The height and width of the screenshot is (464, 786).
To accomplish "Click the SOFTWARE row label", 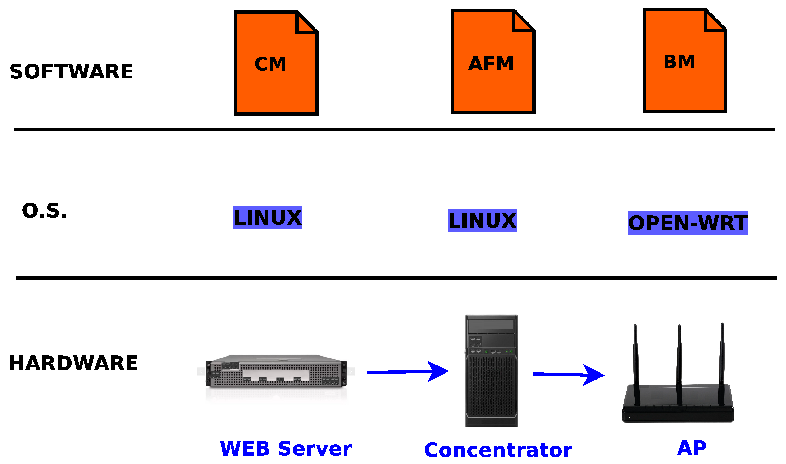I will [x=71, y=72].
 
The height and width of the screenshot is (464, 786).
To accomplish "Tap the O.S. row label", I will [x=45, y=211].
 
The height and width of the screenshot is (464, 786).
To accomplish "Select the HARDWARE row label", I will [x=73, y=363].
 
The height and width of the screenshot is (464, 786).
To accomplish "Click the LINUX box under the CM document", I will [x=268, y=218].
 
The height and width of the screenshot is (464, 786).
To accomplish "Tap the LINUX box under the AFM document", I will [x=482, y=221].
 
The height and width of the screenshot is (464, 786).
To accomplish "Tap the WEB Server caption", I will [x=286, y=449].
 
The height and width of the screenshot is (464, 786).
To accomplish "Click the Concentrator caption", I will [x=498, y=451].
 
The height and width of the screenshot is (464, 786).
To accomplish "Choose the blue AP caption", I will [x=692, y=448].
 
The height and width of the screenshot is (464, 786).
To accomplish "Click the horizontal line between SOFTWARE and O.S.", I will [x=394, y=130].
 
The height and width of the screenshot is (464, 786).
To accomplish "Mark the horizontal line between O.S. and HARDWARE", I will [x=394, y=278].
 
